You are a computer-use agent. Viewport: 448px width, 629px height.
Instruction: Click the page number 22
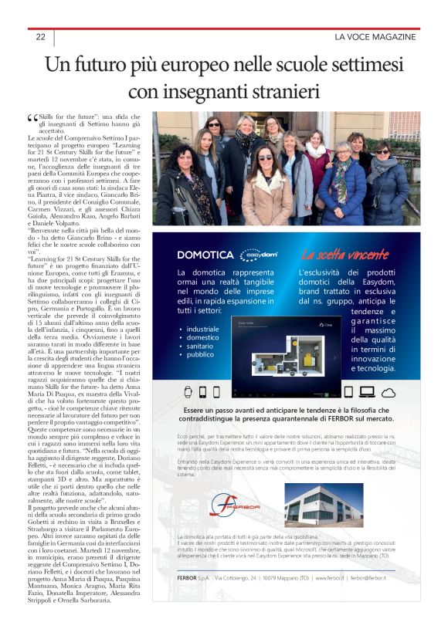point(40,37)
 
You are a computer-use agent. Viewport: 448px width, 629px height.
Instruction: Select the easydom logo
point(256,254)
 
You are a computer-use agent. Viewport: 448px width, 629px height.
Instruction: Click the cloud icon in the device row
point(389,391)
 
